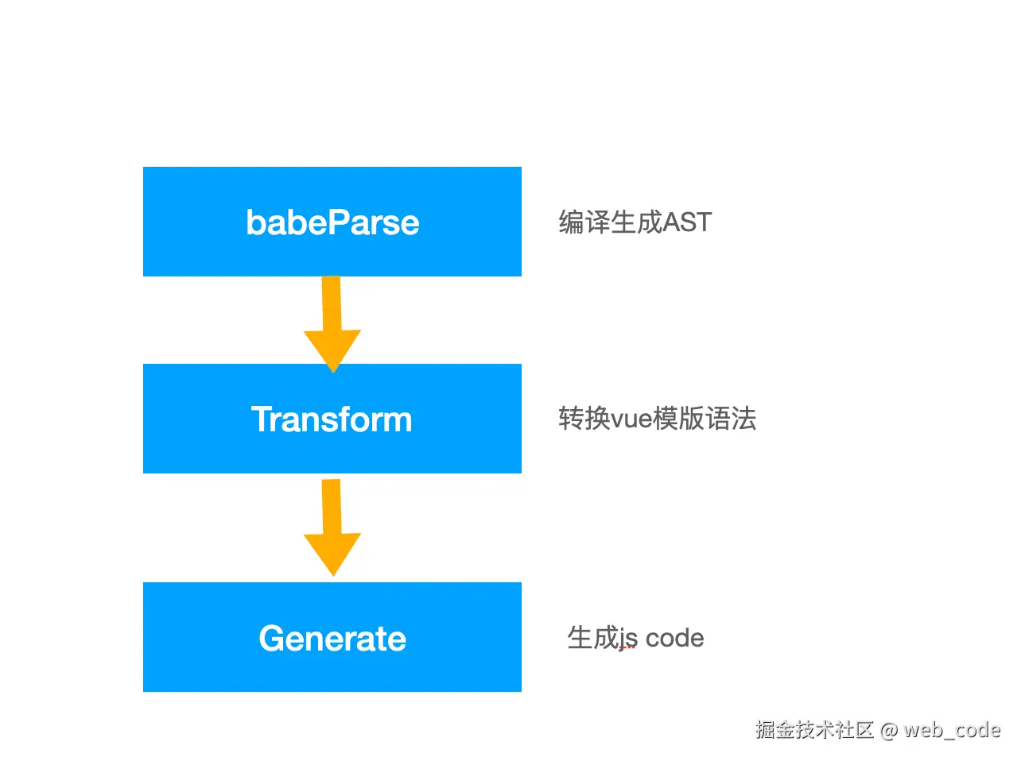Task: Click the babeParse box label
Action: click(332, 222)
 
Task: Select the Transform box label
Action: click(332, 419)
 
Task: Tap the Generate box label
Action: click(332, 639)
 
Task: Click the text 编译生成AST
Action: click(635, 222)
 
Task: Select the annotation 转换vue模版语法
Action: click(657, 418)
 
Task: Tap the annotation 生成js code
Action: click(635, 638)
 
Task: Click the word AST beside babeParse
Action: click(687, 222)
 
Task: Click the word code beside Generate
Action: click(674, 638)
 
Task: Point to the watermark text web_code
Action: click(952, 729)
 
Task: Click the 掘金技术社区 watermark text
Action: click(814, 729)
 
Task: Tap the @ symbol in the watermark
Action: click(889, 729)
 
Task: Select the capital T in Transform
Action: click(262, 419)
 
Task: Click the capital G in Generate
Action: click(272, 639)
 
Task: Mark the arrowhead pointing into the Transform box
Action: click(332, 350)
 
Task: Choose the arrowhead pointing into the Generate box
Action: click(332, 554)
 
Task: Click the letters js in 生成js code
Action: click(628, 639)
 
